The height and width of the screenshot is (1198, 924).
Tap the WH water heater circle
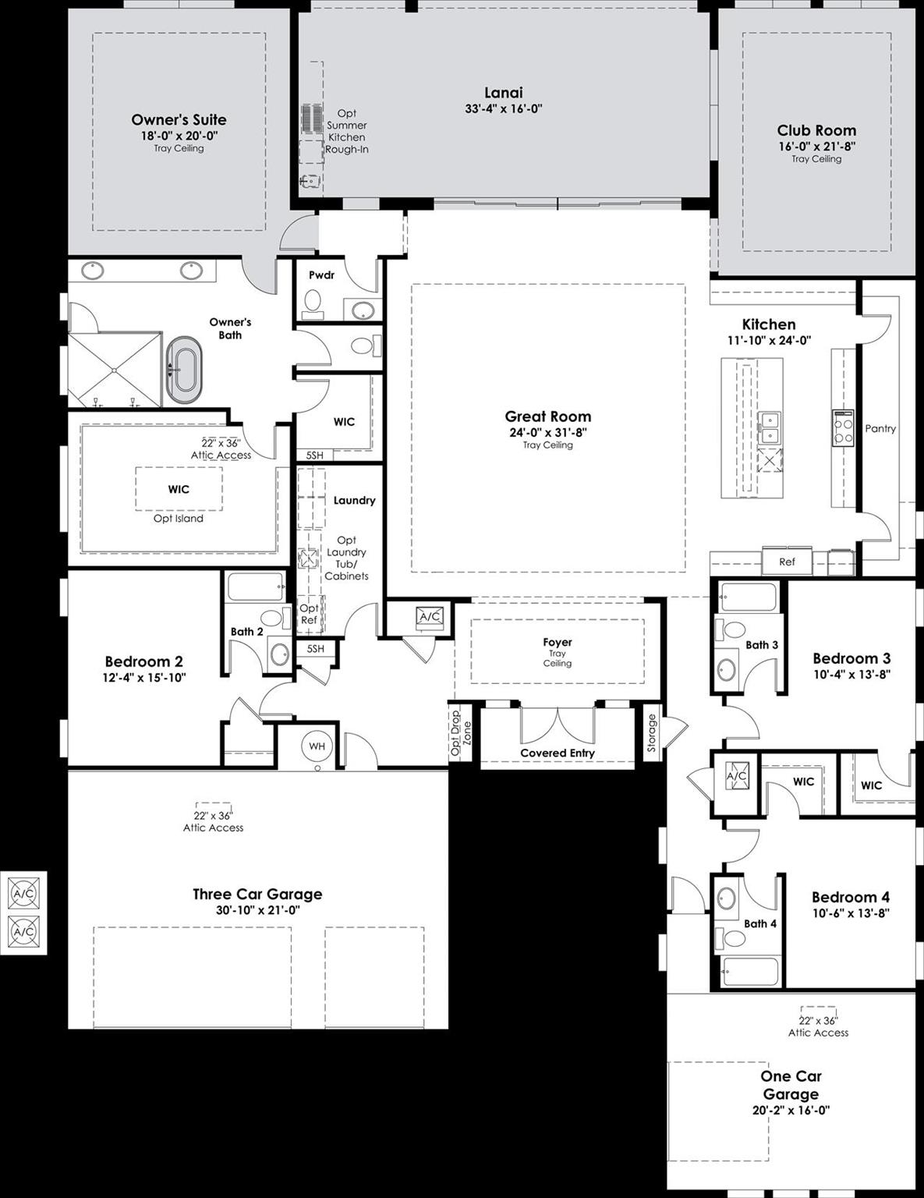[317, 746]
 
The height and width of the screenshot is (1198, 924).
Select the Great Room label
[547, 416]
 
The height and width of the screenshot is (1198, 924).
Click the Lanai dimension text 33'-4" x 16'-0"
[503, 109]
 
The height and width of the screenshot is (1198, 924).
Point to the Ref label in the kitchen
[787, 562]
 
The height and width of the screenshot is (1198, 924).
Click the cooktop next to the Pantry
[842, 428]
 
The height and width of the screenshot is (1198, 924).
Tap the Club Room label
[816, 130]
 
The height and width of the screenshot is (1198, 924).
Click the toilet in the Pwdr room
[313, 303]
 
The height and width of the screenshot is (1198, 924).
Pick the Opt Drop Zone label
[461, 734]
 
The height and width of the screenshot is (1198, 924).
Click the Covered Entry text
[557, 753]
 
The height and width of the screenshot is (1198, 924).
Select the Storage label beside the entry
[652, 734]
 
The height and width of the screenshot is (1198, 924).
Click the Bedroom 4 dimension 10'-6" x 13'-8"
[850, 913]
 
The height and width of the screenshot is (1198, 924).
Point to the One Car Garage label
[791, 1085]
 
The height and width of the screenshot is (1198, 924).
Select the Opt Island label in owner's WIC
[178, 519]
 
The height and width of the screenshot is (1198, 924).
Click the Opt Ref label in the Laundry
[309, 614]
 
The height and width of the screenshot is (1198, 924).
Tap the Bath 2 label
[246, 632]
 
